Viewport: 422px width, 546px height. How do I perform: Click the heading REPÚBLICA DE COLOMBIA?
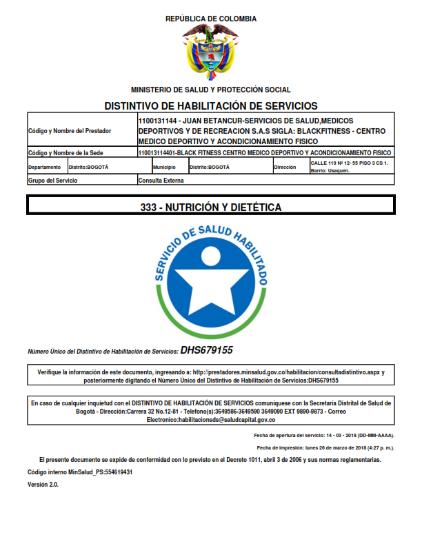(x=210, y=19)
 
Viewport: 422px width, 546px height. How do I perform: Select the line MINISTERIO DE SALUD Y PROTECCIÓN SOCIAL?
(x=210, y=90)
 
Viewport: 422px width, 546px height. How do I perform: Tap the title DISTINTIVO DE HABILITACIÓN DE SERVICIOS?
(x=210, y=106)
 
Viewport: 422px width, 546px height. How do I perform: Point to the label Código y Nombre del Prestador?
(x=70, y=130)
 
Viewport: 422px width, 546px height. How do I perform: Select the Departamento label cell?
(x=46, y=168)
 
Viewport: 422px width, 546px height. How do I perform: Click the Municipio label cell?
(x=164, y=168)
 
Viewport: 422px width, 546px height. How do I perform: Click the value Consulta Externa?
(x=161, y=180)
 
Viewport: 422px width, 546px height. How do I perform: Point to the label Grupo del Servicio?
(x=52, y=180)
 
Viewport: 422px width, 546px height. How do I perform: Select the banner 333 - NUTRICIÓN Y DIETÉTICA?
(x=210, y=206)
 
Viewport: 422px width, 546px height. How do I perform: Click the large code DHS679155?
(x=206, y=350)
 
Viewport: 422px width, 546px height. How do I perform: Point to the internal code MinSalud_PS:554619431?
(x=80, y=472)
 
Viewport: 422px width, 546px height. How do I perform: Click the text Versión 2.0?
(x=43, y=485)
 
